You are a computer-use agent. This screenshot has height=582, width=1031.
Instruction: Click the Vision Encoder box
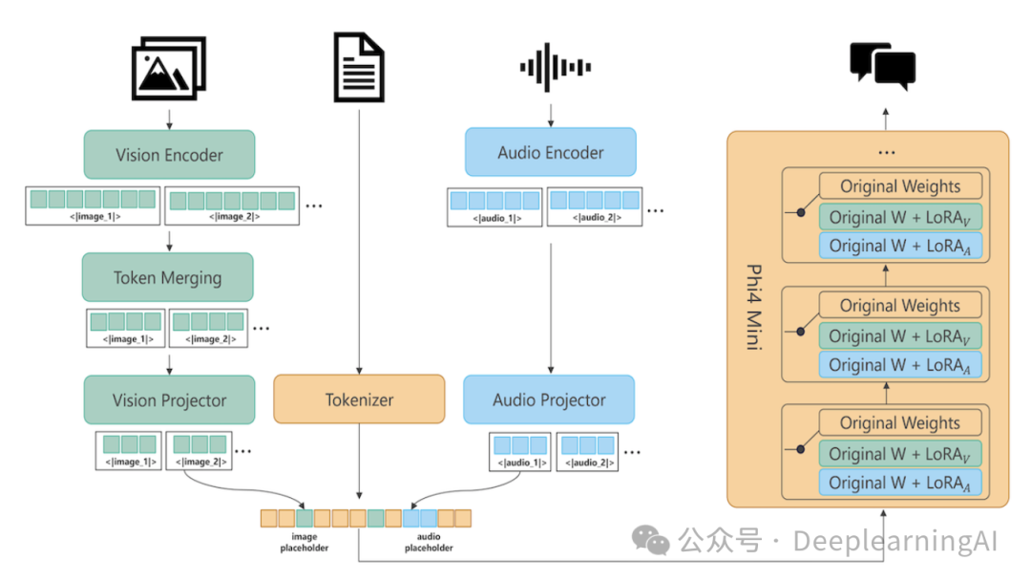tap(169, 155)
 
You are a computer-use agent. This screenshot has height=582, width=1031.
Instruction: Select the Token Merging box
tap(167, 278)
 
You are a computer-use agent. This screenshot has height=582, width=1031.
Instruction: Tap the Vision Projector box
tap(169, 399)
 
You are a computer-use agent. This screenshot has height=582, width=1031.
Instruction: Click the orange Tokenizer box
tap(359, 399)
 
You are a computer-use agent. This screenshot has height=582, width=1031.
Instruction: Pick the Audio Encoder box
tap(550, 153)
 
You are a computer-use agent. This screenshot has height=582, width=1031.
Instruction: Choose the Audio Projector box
tap(549, 399)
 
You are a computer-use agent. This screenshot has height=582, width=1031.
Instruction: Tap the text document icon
tap(359, 66)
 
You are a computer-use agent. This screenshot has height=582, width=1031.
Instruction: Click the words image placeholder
tap(305, 543)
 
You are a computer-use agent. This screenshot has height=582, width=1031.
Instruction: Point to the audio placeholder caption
tap(429, 543)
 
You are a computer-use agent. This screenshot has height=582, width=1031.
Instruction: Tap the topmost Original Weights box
tap(899, 187)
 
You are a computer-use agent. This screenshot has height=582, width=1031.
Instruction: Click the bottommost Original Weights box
tap(899, 423)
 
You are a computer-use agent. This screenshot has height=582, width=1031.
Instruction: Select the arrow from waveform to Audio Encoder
tap(551, 115)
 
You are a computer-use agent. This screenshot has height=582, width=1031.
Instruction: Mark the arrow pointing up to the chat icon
tap(884, 118)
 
